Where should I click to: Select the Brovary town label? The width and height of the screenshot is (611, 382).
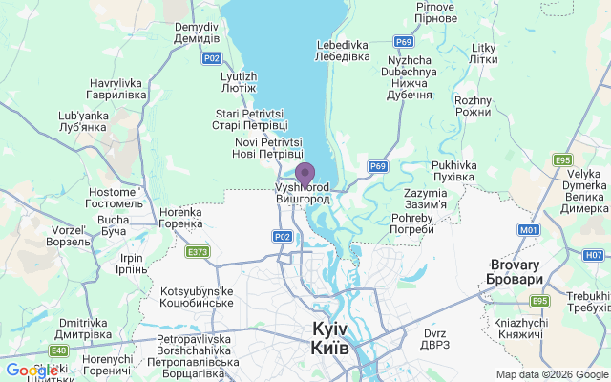click(516, 271)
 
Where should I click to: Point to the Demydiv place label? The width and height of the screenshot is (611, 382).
click(197, 32)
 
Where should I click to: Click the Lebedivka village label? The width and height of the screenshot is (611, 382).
click(343, 51)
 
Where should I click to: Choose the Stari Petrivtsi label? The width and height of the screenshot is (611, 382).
click(251, 119)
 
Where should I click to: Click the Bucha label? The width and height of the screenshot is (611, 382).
click(113, 225)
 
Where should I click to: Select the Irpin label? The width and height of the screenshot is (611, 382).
click(130, 265)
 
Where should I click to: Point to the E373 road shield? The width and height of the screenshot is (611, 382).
click(198, 252)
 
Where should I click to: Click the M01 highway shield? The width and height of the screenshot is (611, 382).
click(529, 230)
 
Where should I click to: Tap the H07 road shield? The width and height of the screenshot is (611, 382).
click(594, 255)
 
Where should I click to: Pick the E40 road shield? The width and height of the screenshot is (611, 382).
click(59, 350)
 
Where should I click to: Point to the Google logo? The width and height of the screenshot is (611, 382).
click(32, 371)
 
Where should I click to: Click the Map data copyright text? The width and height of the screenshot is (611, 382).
click(551, 374)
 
